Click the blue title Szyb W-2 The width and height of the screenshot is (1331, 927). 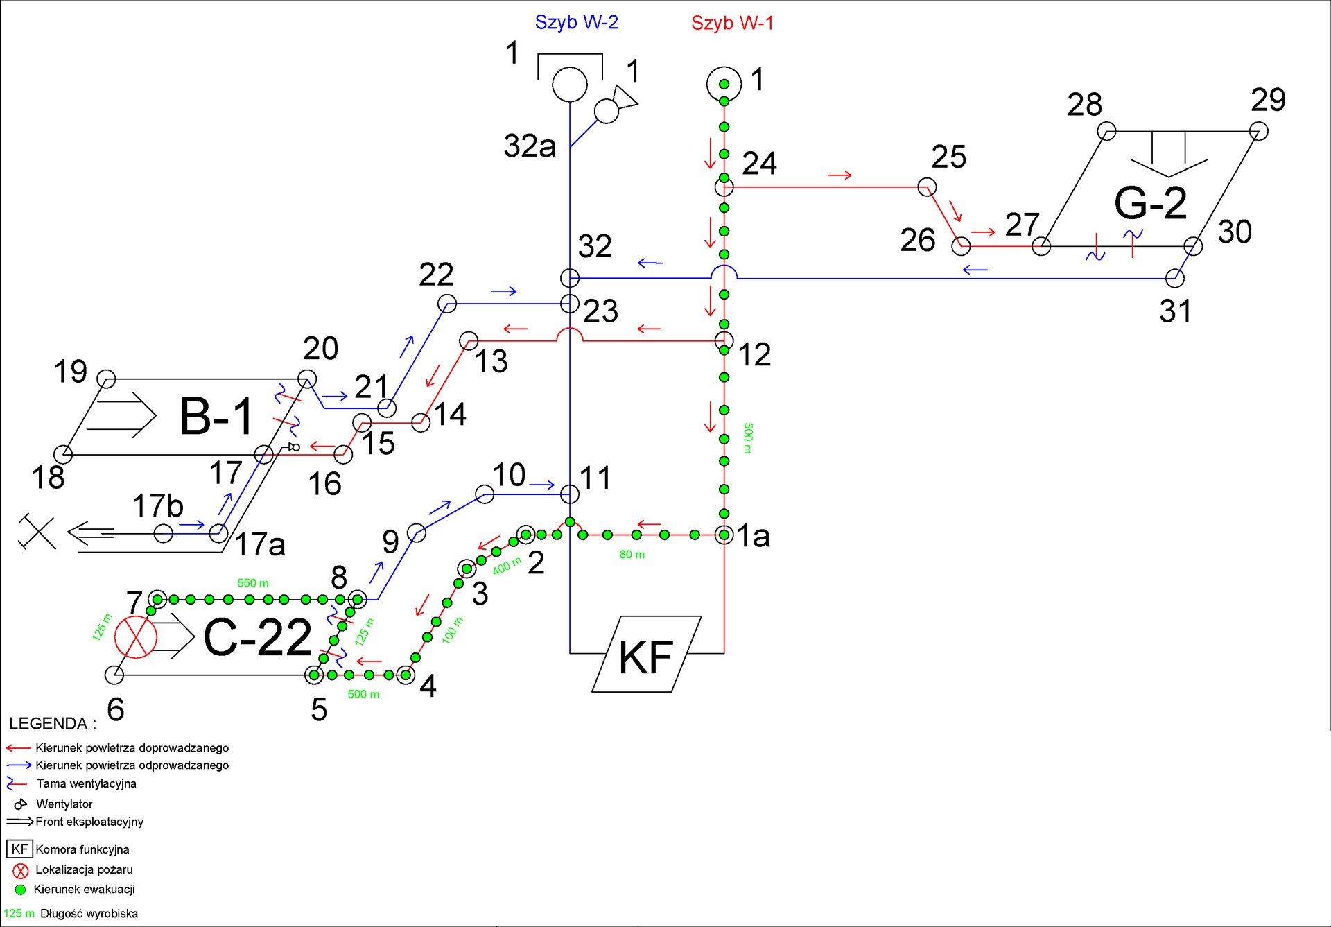tap(576, 22)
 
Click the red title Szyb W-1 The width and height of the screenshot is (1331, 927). tap(732, 23)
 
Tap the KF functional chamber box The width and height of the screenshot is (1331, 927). tap(646, 654)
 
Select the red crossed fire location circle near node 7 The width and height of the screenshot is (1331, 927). tap(136, 636)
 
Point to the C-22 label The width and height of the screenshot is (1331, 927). tap(257, 637)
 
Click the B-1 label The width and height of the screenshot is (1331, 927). tap(217, 417)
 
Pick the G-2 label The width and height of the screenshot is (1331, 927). tap(1151, 203)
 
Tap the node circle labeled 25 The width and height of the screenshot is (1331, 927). tap(927, 187)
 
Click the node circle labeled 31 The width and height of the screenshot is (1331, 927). tap(1175, 279)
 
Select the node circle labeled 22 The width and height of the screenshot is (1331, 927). tap(447, 303)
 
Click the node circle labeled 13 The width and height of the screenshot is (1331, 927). tap(469, 341)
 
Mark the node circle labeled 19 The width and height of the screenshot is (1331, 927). tap(106, 379)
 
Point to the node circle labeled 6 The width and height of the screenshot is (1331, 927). tap(114, 674)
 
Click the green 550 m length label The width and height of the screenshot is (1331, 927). tap(253, 583)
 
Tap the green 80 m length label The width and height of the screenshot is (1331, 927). tap(632, 555)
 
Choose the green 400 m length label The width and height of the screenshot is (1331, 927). tap(507, 566)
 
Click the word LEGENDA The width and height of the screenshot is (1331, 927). tap(49, 723)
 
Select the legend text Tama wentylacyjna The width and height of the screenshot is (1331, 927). tap(87, 783)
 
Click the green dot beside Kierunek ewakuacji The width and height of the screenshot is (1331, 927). tap(20, 890)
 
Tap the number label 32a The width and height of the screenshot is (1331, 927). tap(530, 146)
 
